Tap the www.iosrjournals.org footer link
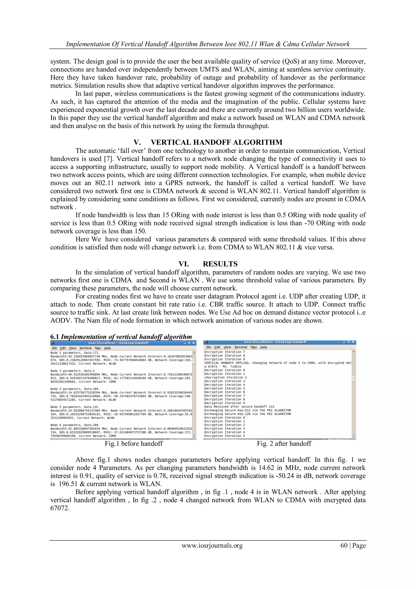(212, 545)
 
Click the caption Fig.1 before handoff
(133, 444)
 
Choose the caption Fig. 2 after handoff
(284, 444)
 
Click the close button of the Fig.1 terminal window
(194, 343)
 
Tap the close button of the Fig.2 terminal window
(353, 342)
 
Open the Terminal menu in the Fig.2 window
(240, 347)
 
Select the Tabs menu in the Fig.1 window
(97, 348)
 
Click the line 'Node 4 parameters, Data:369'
(74, 389)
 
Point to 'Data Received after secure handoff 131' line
(239, 407)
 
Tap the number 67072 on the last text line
(60, 508)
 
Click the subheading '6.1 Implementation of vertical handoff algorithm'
(121, 337)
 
